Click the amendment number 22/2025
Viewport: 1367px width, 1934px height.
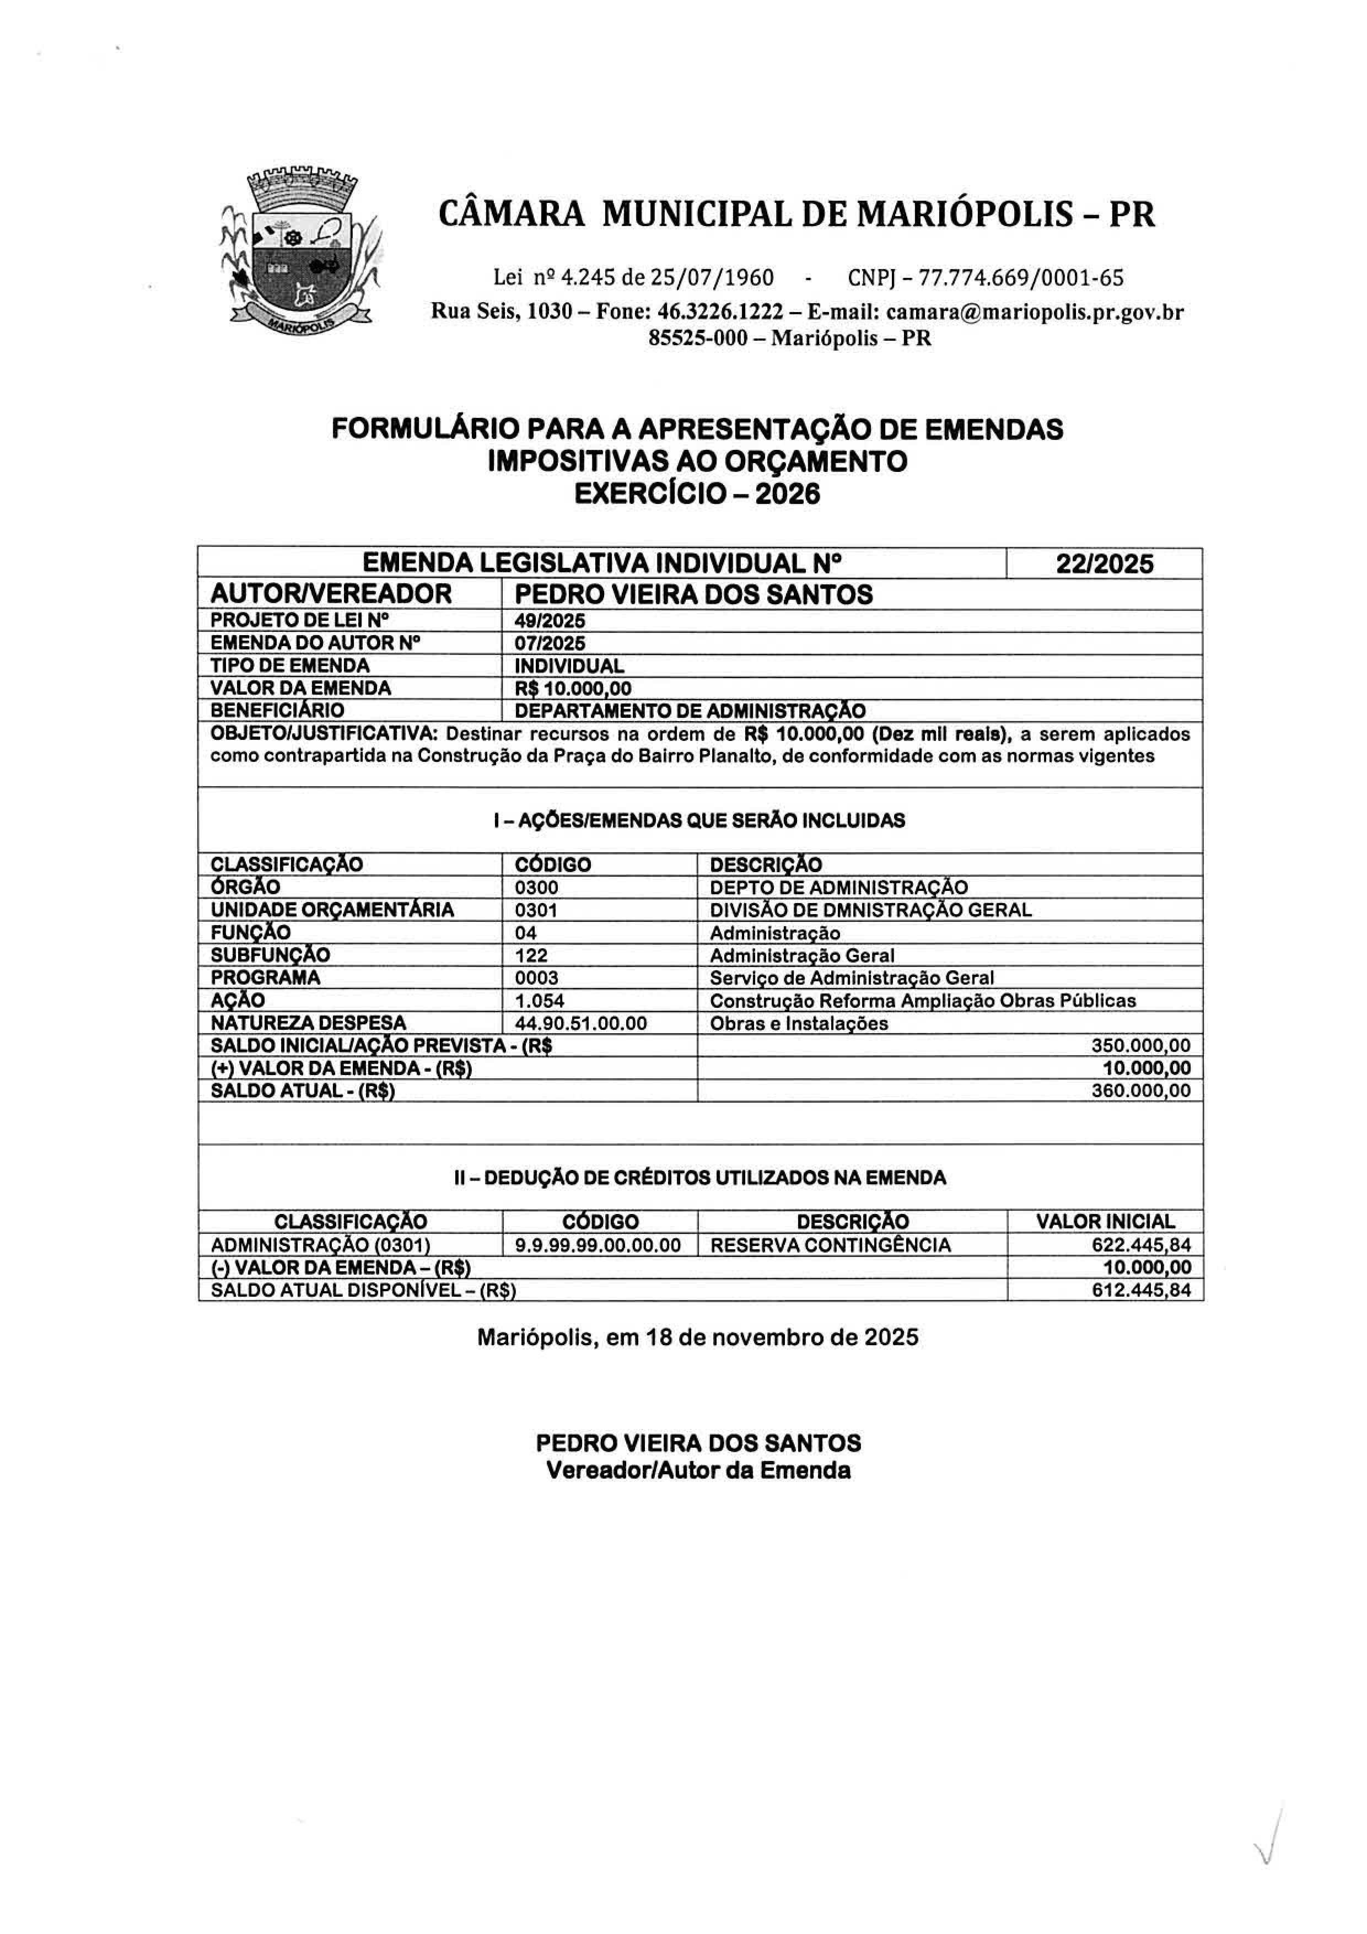1104,563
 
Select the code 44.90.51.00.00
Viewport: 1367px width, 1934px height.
580,1023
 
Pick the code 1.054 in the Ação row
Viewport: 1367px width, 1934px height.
539,1001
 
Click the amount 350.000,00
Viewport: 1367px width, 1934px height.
1140,1046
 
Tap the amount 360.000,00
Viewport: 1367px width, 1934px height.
1140,1091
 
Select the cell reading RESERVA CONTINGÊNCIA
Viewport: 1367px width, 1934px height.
831,1245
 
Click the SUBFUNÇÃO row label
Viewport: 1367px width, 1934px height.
270,955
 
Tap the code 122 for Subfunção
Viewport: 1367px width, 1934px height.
531,955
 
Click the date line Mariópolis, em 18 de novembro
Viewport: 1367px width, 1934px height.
697,1337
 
